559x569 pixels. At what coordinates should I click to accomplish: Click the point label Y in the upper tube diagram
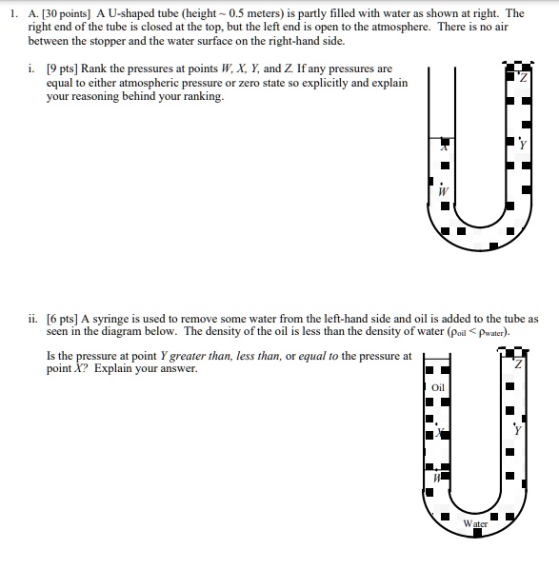coord(522,145)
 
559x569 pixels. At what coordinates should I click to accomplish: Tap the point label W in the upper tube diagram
coord(442,190)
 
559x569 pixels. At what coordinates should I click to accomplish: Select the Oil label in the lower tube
coord(438,387)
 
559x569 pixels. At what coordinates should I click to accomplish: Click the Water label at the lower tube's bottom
coord(475,523)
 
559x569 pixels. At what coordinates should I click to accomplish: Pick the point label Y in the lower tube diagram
coord(518,429)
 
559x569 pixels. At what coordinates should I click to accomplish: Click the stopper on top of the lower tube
coord(515,351)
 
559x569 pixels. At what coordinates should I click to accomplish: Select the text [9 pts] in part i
coord(64,69)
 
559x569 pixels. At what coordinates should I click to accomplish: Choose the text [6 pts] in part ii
coord(66,320)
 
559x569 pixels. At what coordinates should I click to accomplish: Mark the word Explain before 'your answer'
coord(98,368)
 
